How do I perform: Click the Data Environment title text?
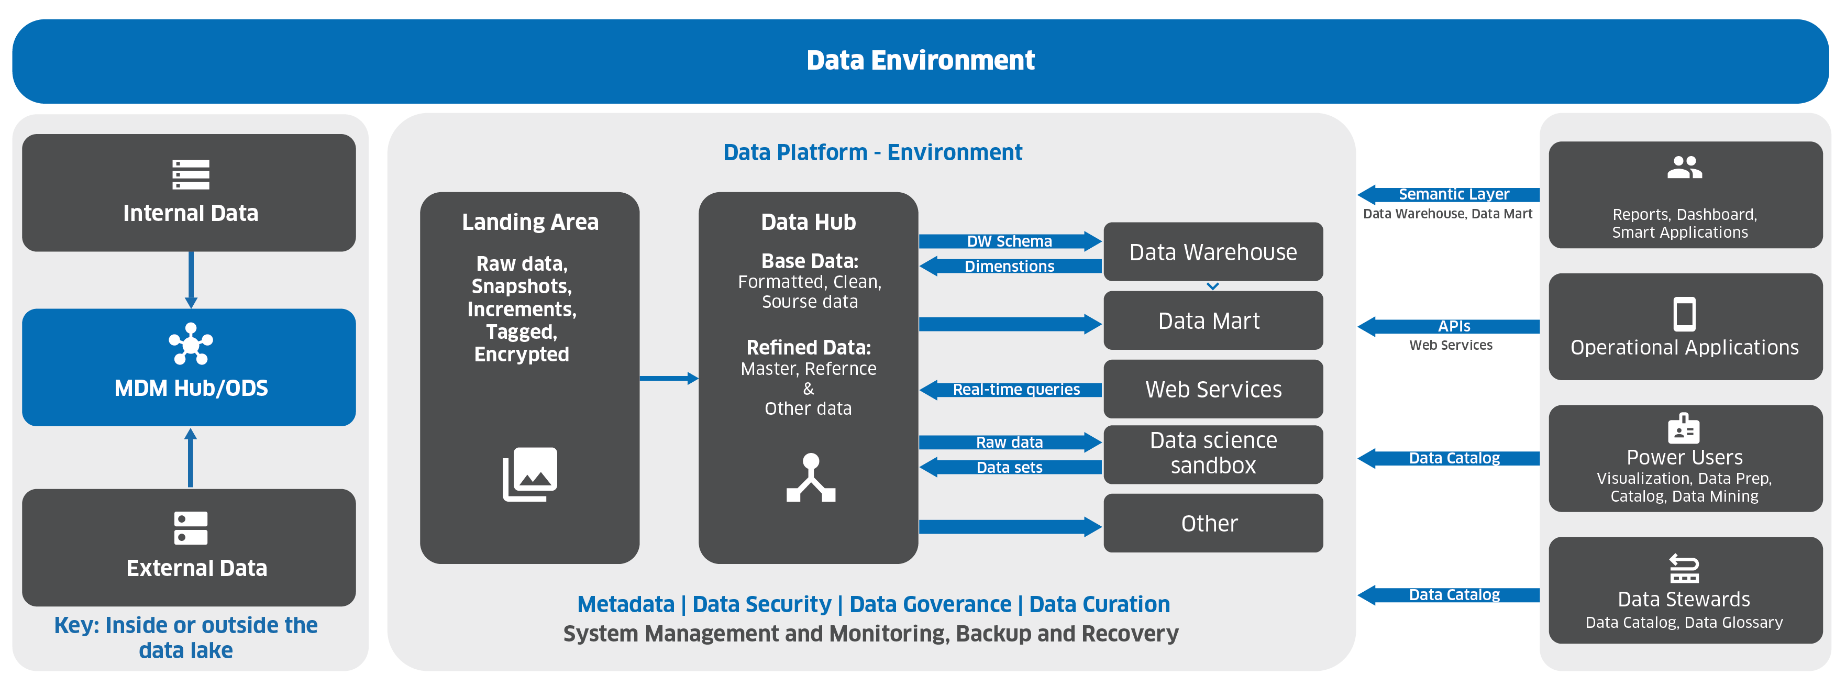coord(920,60)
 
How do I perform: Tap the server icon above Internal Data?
coord(191,174)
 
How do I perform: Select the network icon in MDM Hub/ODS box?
coord(191,344)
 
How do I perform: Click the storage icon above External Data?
coord(191,527)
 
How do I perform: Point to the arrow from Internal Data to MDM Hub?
coord(191,280)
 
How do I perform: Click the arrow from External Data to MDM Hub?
coord(191,457)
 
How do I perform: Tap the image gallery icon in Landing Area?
coord(529,474)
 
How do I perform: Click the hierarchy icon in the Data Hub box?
coord(811,478)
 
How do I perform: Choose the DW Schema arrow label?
coord(1009,241)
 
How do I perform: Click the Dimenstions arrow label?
coord(1009,266)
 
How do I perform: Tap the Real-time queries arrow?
coord(1010,389)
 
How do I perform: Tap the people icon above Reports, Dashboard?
coord(1684,168)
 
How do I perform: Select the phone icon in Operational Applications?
coord(1684,314)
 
